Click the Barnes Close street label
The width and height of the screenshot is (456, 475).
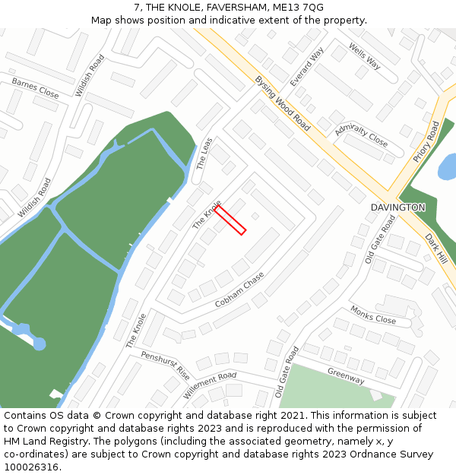click(35, 88)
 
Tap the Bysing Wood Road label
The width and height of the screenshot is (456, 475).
click(282, 103)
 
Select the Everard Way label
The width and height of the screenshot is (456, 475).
click(307, 66)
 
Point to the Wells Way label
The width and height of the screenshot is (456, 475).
click(364, 55)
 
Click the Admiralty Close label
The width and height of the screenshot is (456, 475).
click(361, 135)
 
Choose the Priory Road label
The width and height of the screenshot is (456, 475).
click(426, 141)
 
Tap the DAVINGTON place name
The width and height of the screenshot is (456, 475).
click(397, 207)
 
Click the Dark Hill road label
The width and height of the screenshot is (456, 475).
click(436, 248)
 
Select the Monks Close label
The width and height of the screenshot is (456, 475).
click(373, 315)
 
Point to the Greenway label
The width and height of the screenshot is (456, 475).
click(346, 375)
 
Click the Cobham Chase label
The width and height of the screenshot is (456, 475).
click(239, 290)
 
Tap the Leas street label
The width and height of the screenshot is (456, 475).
click(204, 153)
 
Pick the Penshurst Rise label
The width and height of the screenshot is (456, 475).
click(165, 366)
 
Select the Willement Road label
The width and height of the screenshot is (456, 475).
click(210, 385)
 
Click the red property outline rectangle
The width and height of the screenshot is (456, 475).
click(230, 220)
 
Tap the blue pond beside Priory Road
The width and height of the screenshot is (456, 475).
click(448, 166)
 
